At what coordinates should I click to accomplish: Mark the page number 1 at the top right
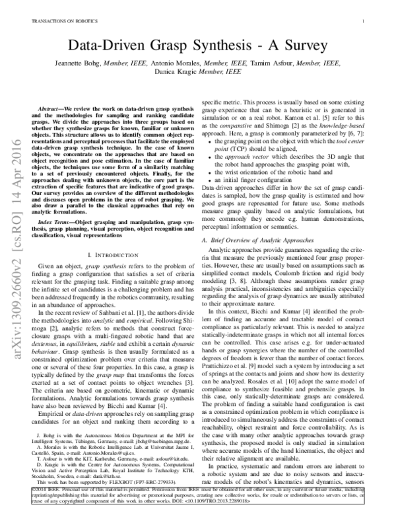coord(364,21)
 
